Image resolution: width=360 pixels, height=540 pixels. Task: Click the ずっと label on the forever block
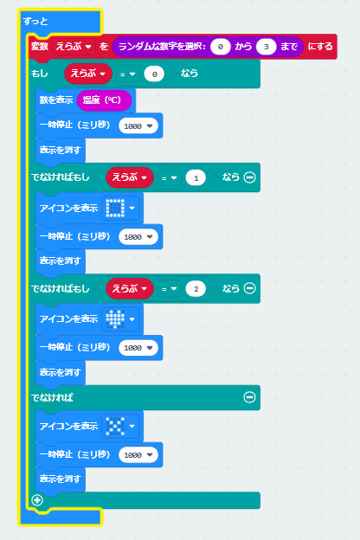(x=35, y=22)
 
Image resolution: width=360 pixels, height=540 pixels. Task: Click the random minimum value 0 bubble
(x=221, y=47)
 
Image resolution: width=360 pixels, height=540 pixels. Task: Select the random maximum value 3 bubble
(x=266, y=47)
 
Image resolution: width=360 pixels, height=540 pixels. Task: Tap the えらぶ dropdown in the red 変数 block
(x=74, y=47)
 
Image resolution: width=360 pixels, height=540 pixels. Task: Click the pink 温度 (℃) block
(x=104, y=100)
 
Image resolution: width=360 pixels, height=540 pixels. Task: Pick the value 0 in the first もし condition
(x=154, y=74)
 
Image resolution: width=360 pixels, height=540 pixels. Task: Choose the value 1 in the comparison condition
(x=196, y=178)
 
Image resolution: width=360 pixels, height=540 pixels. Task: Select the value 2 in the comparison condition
(x=196, y=289)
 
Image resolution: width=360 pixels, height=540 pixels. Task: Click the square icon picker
(x=120, y=208)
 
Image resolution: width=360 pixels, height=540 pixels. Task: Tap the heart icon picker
(x=120, y=319)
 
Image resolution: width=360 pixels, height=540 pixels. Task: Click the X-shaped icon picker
(x=120, y=426)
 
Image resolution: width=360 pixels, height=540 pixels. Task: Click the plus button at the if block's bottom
(x=37, y=500)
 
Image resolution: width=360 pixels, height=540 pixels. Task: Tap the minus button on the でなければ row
(x=249, y=397)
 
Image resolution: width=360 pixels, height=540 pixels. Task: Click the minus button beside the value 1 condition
(x=249, y=177)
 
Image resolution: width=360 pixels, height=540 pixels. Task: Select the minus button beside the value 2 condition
(x=249, y=288)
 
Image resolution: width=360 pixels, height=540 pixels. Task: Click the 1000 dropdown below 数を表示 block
(x=138, y=126)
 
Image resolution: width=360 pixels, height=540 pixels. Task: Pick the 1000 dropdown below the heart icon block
(x=138, y=348)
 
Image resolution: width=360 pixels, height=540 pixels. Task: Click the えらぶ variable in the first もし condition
(x=88, y=74)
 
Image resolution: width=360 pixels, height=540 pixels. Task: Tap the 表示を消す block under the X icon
(x=61, y=479)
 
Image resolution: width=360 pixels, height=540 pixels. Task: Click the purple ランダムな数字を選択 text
(x=162, y=46)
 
